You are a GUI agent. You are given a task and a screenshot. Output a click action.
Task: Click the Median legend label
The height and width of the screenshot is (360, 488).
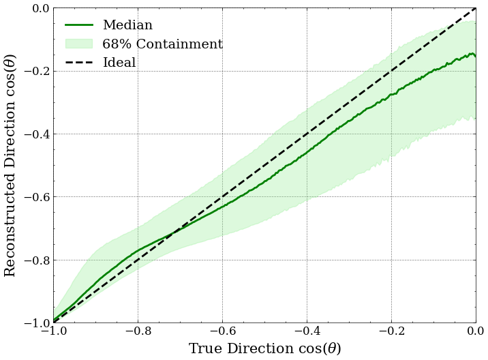coord(127,25)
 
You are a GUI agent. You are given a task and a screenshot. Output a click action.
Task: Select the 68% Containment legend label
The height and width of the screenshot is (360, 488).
coord(162,44)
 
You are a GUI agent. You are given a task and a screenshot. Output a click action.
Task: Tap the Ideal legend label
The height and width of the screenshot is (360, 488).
coord(119,63)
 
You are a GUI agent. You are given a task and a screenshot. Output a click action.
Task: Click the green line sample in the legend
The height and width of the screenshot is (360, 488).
coord(79,25)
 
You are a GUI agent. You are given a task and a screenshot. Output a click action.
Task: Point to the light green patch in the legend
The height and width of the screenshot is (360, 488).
coord(79,44)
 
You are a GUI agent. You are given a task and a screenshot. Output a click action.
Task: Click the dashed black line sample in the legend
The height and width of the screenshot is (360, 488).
coord(79,63)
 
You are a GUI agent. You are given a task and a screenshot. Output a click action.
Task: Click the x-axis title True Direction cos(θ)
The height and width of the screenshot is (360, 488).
coord(264,348)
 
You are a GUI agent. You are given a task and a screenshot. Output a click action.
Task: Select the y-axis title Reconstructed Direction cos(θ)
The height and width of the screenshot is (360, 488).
coord(10,165)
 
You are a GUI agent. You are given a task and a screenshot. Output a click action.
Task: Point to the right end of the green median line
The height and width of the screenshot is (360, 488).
coord(475,56)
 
